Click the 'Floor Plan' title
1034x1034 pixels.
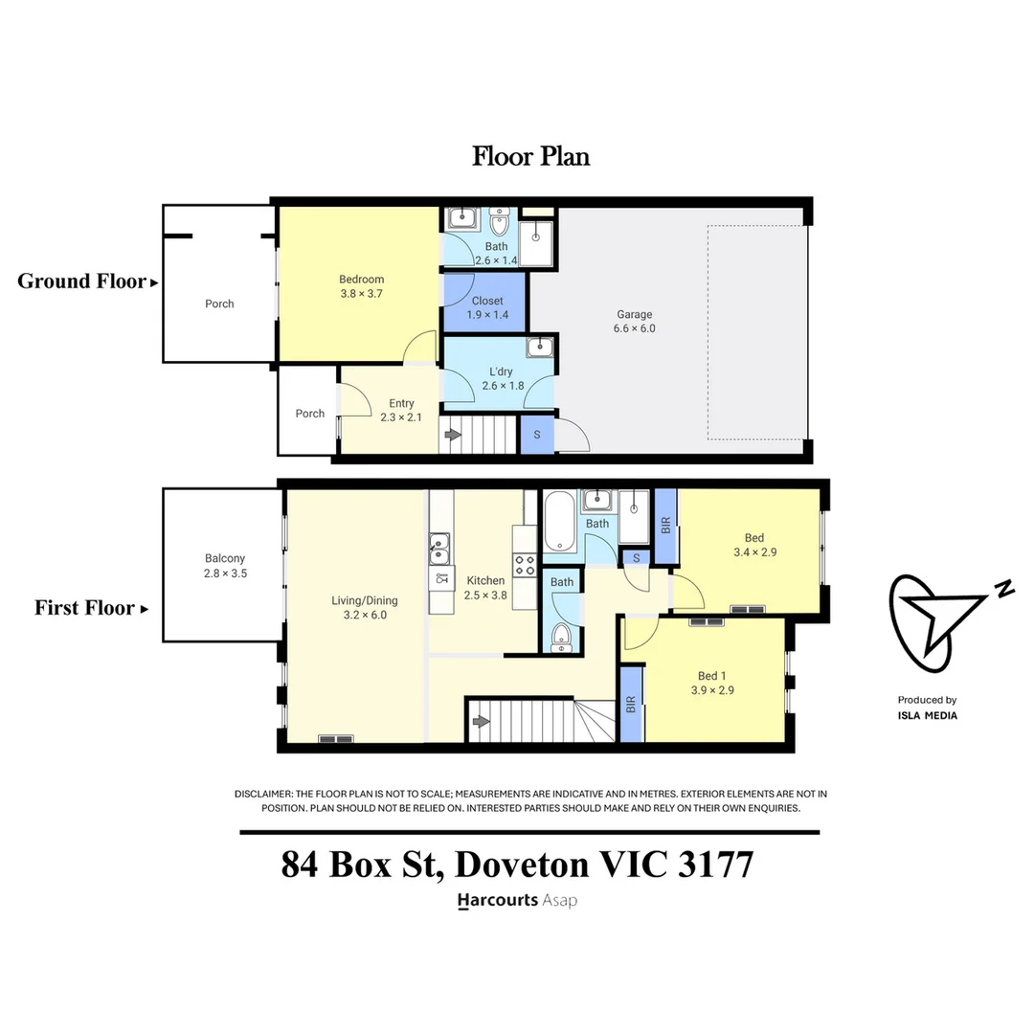click(530, 156)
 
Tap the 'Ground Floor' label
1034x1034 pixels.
click(82, 281)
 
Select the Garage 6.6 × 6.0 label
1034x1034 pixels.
click(634, 321)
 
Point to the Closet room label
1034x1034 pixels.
click(486, 307)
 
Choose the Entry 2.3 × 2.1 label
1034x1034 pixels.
click(401, 410)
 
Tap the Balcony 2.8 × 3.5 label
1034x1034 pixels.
click(225, 566)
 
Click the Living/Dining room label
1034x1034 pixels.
click(364, 608)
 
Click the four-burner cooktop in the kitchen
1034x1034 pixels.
click(525, 565)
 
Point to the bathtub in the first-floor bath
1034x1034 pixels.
click(560, 522)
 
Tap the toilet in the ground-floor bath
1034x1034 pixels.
click(499, 224)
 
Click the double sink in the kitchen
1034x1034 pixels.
click(440, 552)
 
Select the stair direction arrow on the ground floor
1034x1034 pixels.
click(453, 436)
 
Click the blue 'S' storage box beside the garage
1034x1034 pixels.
click(536, 435)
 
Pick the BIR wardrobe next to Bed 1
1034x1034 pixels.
click(631, 706)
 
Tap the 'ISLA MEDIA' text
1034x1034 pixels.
click(927, 715)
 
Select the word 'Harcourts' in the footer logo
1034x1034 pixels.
click(497, 900)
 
